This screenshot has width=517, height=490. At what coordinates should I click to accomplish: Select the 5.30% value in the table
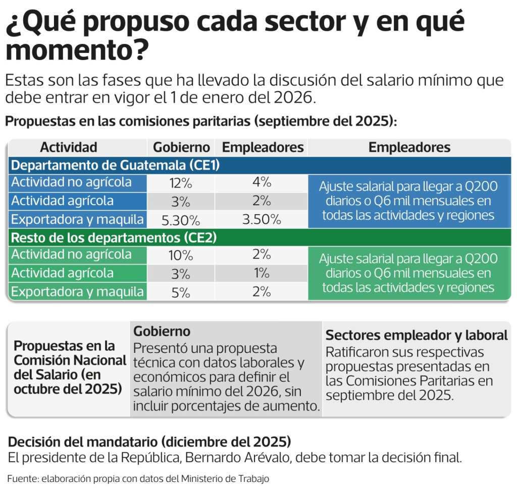pyautogui.click(x=180, y=220)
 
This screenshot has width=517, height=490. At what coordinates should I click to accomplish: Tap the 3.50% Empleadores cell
pyautogui.click(x=261, y=219)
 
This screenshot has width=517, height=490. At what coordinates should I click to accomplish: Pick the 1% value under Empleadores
pyautogui.click(x=262, y=273)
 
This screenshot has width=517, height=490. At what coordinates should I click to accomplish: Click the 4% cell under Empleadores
pyautogui.click(x=262, y=182)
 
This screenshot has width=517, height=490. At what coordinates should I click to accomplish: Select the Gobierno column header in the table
pyautogui.click(x=181, y=147)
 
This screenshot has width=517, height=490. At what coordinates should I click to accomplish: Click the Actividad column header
pyautogui.click(x=69, y=147)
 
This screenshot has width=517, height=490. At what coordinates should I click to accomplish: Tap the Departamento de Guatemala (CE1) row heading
pyautogui.click(x=114, y=165)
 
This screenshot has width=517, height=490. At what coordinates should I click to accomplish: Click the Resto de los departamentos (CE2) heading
pyautogui.click(x=114, y=237)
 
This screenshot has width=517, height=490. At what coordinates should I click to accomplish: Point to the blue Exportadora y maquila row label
pyautogui.click(x=78, y=219)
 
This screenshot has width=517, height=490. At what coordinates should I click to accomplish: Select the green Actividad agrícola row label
pyautogui.click(x=63, y=273)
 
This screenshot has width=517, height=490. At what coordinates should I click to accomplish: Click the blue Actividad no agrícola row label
pyautogui.click(x=71, y=182)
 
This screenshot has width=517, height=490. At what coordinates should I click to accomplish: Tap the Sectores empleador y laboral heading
pyautogui.click(x=416, y=335)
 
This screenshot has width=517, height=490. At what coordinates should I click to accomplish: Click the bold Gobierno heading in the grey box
pyautogui.click(x=162, y=331)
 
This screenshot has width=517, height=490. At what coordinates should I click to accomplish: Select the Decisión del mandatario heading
pyautogui.click(x=149, y=442)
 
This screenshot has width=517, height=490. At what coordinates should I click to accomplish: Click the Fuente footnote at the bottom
pyautogui.click(x=138, y=478)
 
